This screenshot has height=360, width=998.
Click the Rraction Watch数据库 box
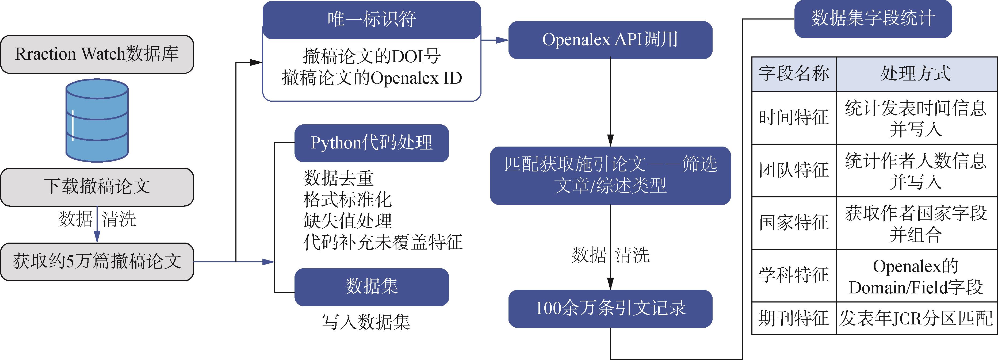97,54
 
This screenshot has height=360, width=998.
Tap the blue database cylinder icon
97,120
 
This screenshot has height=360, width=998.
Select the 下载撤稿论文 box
97,187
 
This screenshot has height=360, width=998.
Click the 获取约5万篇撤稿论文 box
97,262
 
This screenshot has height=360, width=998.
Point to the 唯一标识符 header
372,19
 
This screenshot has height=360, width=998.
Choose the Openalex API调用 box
610,40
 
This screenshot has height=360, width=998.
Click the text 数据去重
338,178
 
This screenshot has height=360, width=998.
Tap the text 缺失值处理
347,221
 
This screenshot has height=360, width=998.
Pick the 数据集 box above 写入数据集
372,287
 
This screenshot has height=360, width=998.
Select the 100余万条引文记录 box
610,308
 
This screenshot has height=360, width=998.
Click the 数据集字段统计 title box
873,19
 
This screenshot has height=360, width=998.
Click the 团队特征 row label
793,171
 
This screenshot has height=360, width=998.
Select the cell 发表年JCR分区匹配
916,319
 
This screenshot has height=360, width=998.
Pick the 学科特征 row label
793,275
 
